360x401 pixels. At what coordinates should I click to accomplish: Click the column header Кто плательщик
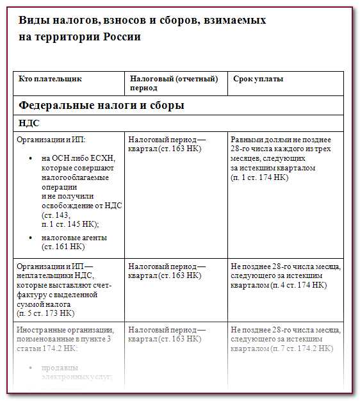pyautogui.click(x=51, y=79)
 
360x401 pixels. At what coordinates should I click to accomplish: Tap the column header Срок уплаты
pyautogui.click(x=258, y=79)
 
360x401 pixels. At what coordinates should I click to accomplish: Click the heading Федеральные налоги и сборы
pyautogui.click(x=101, y=105)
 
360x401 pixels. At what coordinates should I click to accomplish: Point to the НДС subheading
pyautogui.click(x=29, y=123)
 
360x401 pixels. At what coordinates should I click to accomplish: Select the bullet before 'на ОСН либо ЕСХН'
pyautogui.click(x=31, y=159)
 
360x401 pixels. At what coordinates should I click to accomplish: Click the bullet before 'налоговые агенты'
pyautogui.click(x=31, y=238)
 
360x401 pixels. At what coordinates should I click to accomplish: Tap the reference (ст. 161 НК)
pyautogui.click(x=63, y=247)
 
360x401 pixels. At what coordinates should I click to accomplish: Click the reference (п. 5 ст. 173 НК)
pyautogui.click(x=45, y=314)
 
